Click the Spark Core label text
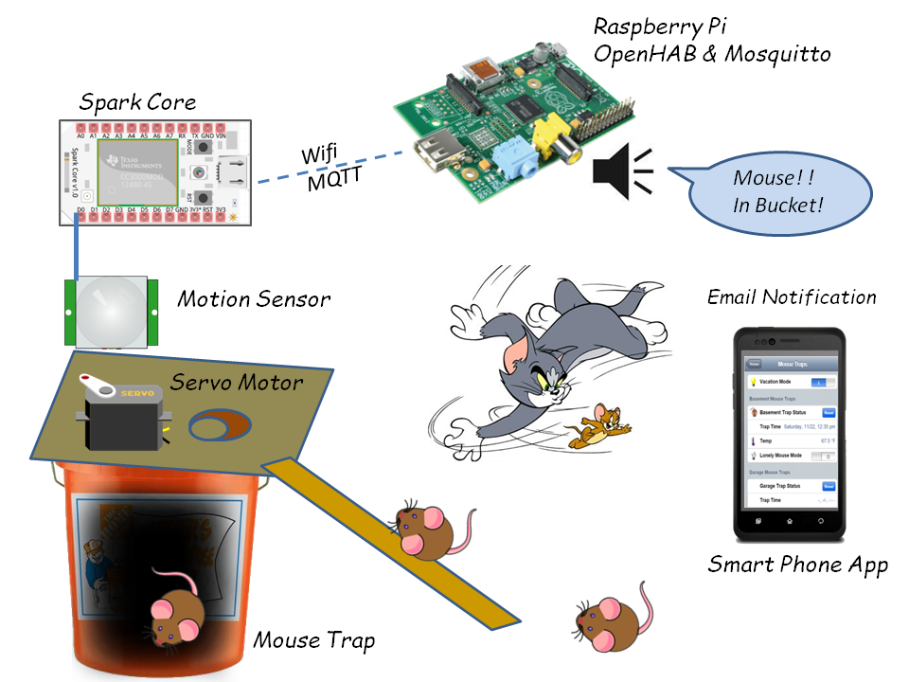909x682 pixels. click(137, 101)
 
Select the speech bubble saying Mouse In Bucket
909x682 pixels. click(777, 189)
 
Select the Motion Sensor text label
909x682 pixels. click(254, 300)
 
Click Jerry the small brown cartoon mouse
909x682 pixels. click(601, 424)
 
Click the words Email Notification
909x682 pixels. click(792, 297)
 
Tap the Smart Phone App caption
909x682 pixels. click(797, 565)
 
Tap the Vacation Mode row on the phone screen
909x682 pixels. click(791, 381)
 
